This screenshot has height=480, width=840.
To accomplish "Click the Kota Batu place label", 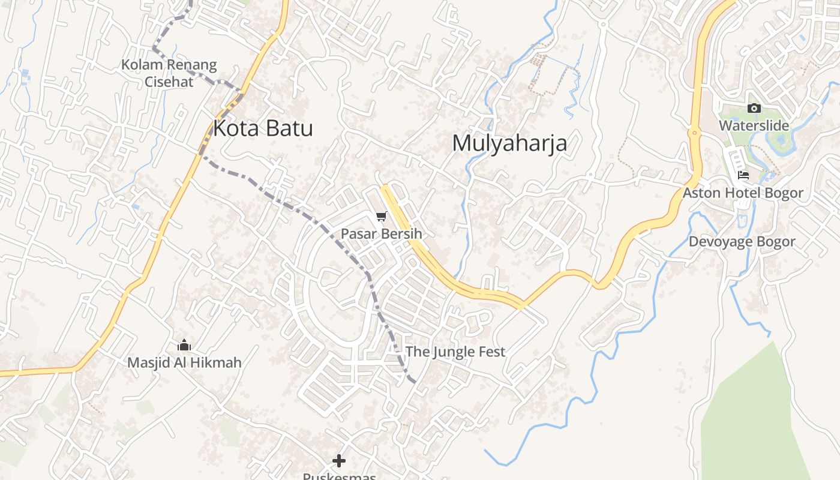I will tap(263, 128).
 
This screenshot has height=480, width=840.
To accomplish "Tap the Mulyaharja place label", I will tap(509, 143).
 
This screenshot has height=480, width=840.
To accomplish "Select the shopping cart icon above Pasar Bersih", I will tap(382, 216).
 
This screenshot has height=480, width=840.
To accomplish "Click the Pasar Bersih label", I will tap(382, 233).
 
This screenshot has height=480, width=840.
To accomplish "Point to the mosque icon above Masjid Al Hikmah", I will tap(184, 345).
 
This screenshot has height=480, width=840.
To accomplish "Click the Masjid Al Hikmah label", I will tap(184, 362).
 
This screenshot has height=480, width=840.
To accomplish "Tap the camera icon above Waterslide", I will tap(754, 109).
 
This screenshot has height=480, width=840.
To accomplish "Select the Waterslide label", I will tap(754, 126).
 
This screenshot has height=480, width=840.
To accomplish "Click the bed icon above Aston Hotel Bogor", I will tap(743, 175).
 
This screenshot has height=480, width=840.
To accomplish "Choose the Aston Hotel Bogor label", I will tap(743, 193).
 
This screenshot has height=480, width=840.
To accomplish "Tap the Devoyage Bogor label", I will tap(742, 241).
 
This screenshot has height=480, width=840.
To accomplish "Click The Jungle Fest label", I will tap(455, 352).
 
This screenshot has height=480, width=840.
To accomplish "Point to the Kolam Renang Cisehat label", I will tap(169, 73).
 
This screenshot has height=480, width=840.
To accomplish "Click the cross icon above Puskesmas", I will tap(339, 461).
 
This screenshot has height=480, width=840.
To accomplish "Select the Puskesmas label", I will tap(339, 476).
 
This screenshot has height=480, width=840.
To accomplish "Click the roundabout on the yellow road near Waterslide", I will tap(694, 133).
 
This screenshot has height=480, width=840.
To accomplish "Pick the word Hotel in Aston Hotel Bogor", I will tap(742, 193).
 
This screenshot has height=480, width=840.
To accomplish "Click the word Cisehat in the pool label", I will tap(169, 81).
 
